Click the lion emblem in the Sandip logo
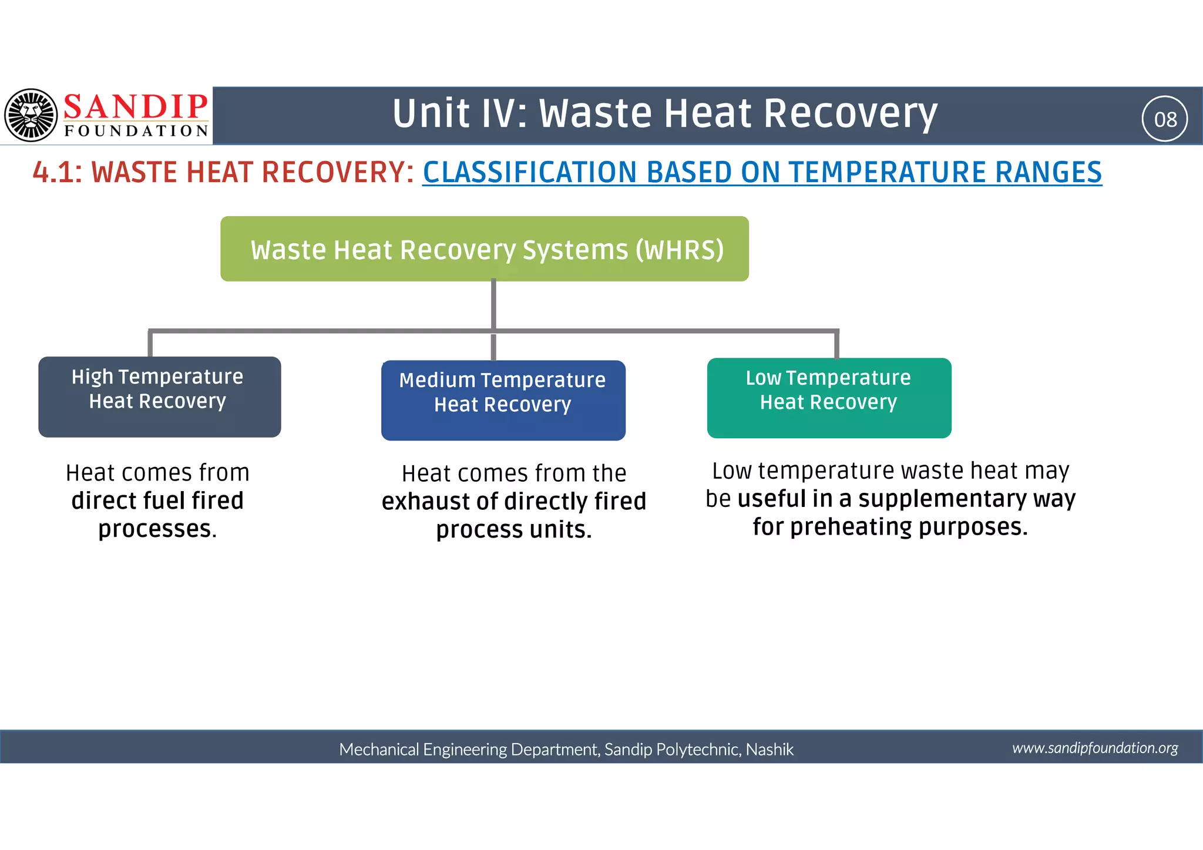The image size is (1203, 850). coord(31,115)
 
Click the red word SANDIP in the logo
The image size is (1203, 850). coord(135,107)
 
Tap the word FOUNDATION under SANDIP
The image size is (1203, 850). coord(136,130)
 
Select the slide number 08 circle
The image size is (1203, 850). coord(1164,119)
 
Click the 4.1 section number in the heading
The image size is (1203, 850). coord(57,173)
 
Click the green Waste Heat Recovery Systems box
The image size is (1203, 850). coord(484,249)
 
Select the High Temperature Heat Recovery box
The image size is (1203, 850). coord(159,397)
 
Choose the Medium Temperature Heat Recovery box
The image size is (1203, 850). coord(503,401)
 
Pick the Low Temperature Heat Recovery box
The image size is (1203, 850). coord(828,398)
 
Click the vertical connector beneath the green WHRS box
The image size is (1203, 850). coord(493,304)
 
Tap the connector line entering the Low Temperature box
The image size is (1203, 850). coord(836,345)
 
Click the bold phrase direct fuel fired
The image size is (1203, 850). coord(157,501)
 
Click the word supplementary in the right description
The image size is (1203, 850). coord(942,499)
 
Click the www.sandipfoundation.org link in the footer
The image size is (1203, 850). coord(1094,748)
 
